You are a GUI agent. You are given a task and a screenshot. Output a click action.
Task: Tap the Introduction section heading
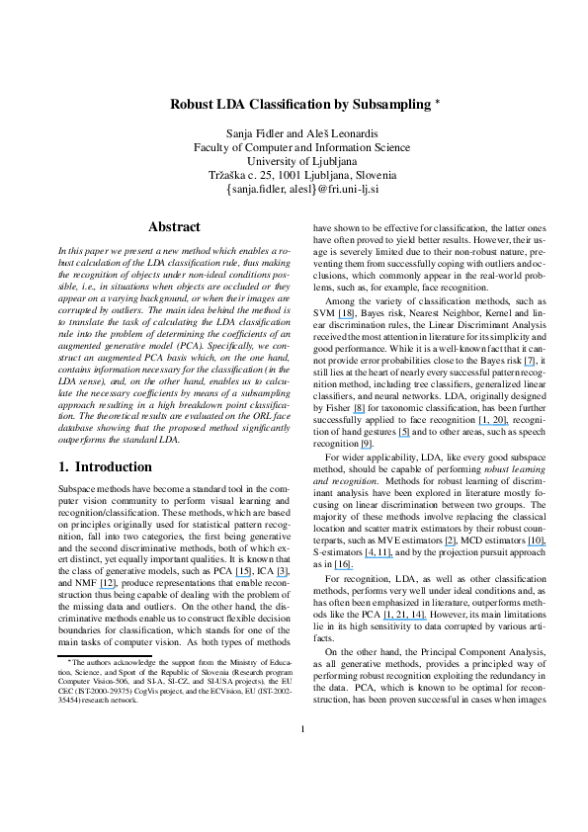click(119, 465)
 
